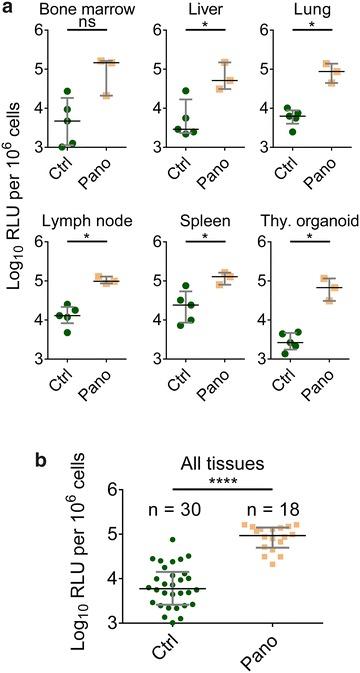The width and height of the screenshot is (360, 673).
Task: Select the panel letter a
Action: click(9, 10)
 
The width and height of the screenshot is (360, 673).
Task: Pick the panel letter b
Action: click(9, 436)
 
